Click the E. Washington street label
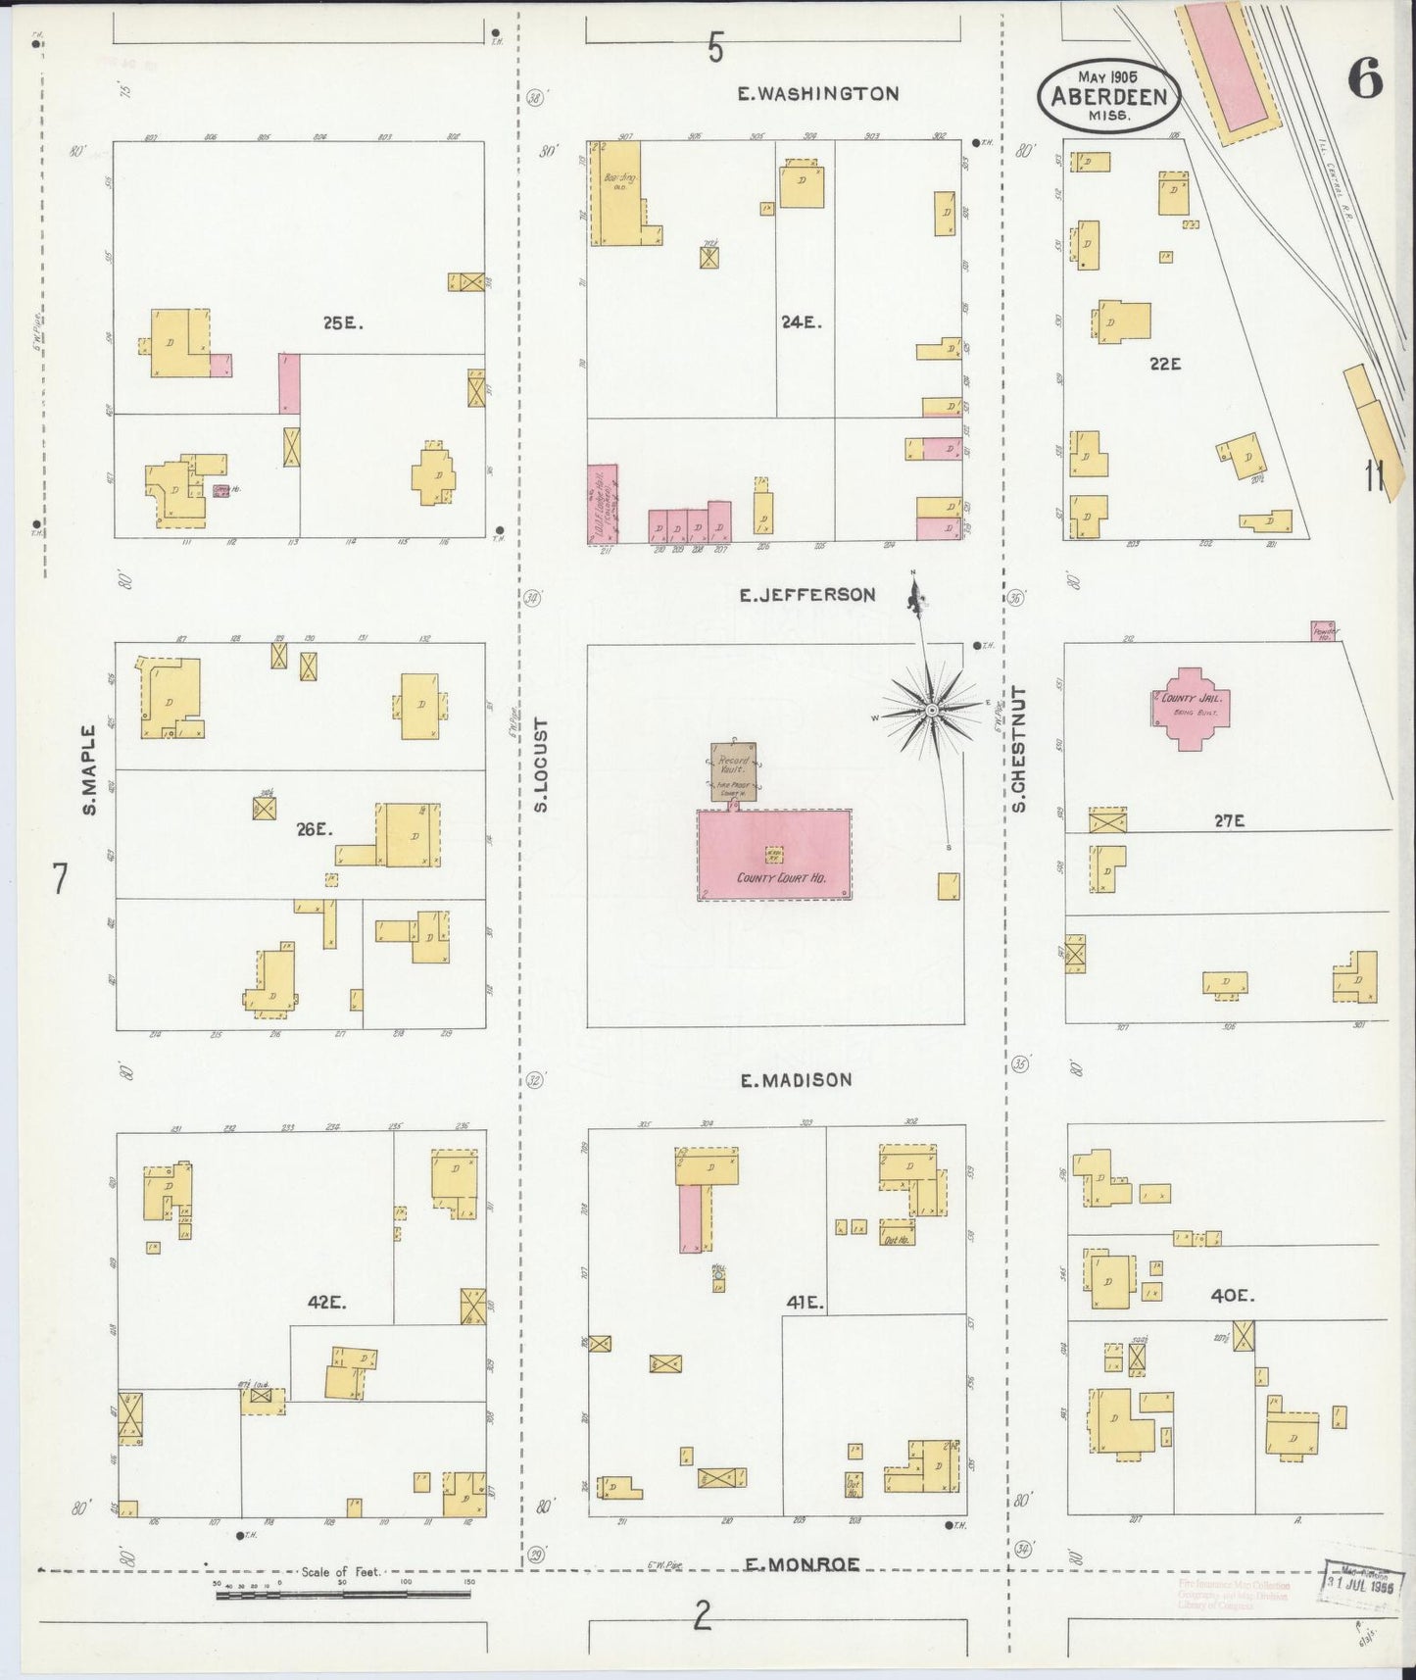pos(817,94)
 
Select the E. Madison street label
pos(796,1080)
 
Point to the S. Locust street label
pos(540,766)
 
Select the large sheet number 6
pos(1364,78)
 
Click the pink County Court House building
pos(774,855)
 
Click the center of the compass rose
pos(932,709)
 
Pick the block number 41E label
pos(807,1304)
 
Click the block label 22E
pos(1165,364)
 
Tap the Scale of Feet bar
pos(342,1595)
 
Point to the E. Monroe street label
pos(802,1565)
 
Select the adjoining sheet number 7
pos(61,879)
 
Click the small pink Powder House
pos(1324,631)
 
